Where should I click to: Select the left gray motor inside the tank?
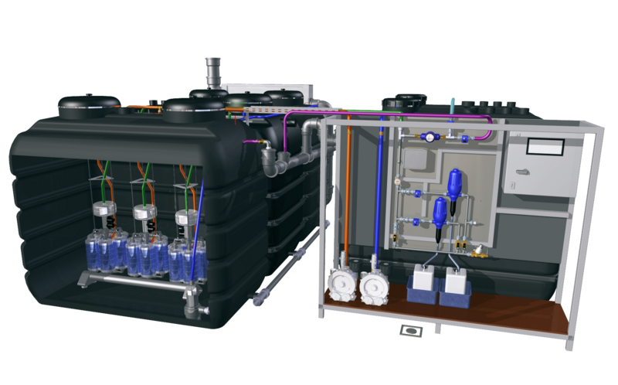103,211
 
